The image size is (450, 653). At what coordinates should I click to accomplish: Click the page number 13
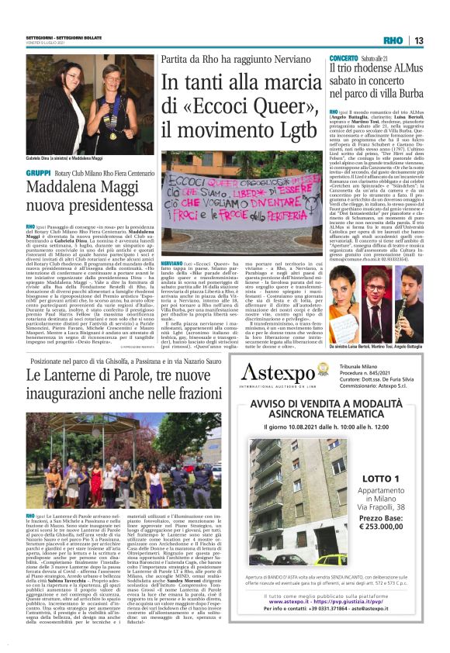pos(419,40)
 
